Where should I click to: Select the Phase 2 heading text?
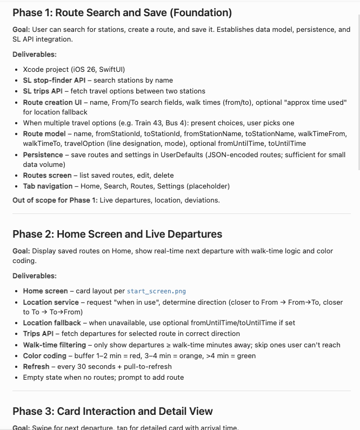tap(117, 234)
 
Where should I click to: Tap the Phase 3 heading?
tap(112, 411)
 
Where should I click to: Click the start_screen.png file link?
tap(156, 291)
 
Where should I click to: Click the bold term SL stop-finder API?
tap(54, 80)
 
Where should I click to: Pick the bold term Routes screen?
tap(47, 176)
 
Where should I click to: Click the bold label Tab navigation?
tap(48, 186)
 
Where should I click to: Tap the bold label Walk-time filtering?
tap(54, 345)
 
